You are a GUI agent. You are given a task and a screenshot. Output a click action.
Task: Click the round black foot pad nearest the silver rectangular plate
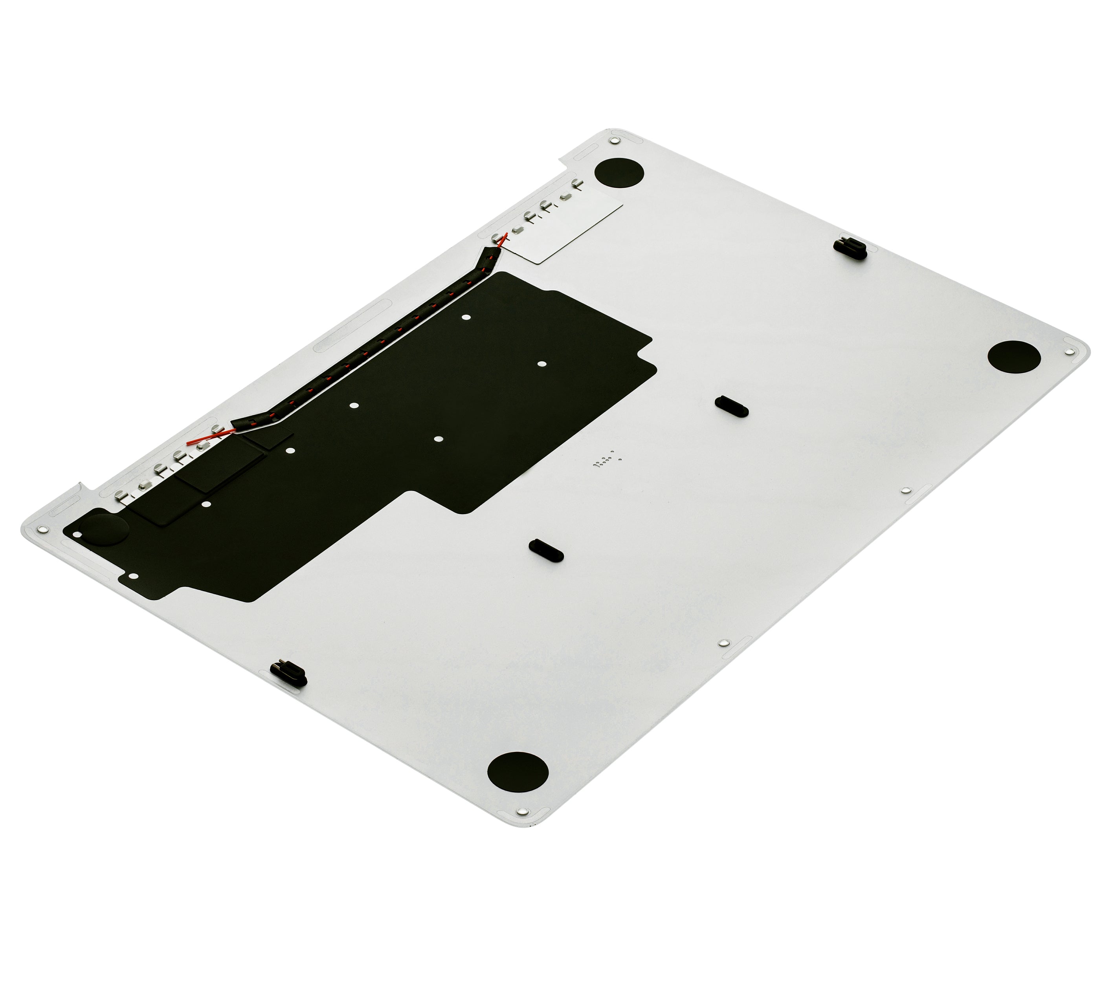618,173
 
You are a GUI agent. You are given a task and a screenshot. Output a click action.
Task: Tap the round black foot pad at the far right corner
1014,357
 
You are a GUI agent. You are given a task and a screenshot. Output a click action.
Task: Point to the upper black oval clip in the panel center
731,406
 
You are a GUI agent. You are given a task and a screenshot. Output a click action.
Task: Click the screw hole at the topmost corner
615,141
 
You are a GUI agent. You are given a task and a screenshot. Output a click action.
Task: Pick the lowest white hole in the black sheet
135,575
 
